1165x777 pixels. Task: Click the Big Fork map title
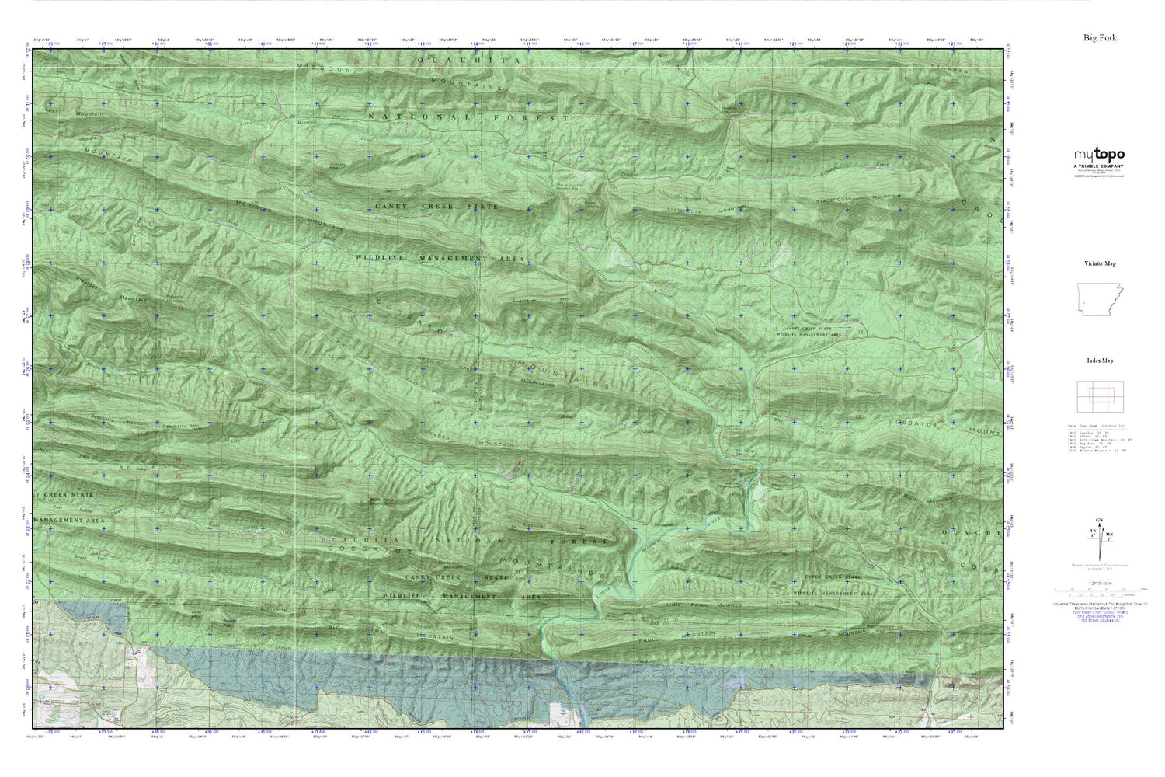(x=1100, y=37)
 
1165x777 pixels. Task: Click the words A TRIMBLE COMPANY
(x=1099, y=166)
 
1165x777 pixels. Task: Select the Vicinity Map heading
(x=1100, y=263)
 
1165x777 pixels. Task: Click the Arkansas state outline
(x=1099, y=299)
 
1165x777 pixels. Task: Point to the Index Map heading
(x=1100, y=361)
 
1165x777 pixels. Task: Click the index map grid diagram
(x=1099, y=396)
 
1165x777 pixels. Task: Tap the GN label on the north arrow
(x=1100, y=520)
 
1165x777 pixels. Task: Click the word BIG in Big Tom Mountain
(x=336, y=625)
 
